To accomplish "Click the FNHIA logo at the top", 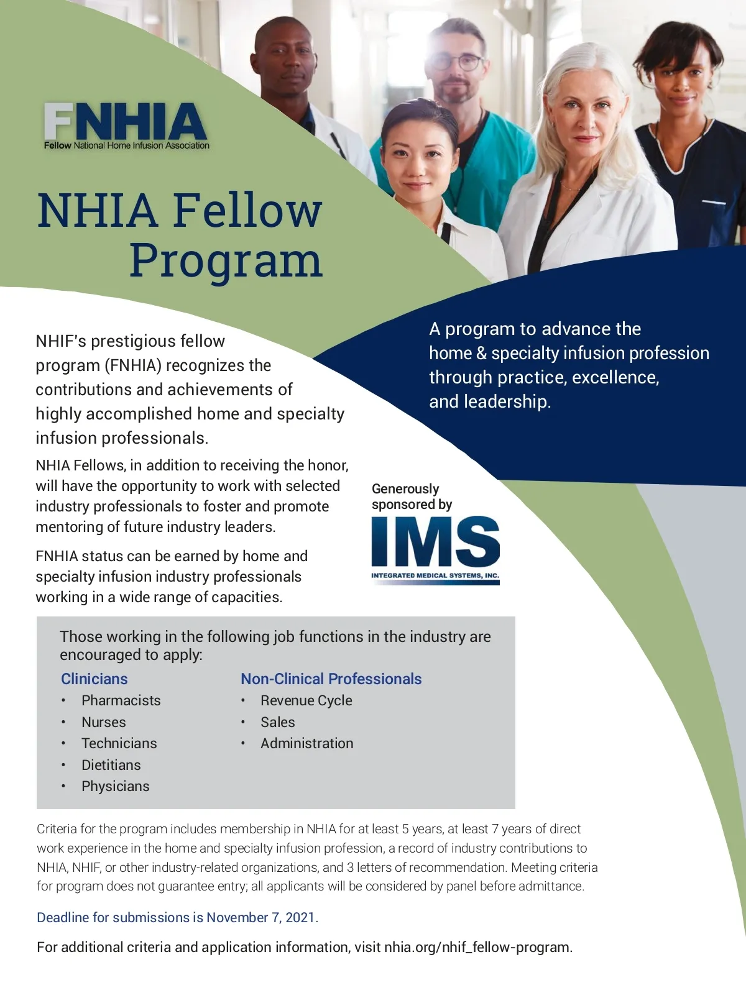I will click(x=126, y=126).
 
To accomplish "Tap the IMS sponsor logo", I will click(x=435, y=549).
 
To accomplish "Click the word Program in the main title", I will click(x=226, y=260).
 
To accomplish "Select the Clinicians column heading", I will click(x=94, y=679).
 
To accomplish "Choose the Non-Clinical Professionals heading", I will click(x=331, y=679).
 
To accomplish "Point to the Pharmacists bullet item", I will click(x=121, y=700).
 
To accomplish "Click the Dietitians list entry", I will click(x=111, y=765).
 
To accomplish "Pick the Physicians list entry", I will click(x=115, y=786).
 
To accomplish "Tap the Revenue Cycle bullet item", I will click(x=306, y=700).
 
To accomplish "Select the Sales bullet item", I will click(x=277, y=722).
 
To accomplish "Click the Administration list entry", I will click(x=306, y=743).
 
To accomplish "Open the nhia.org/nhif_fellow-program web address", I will click(x=477, y=947).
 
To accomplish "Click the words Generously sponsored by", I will click(x=412, y=497).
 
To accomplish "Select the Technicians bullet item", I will click(x=119, y=743).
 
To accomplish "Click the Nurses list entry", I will click(x=103, y=722).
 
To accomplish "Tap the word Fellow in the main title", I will click(x=247, y=210).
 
